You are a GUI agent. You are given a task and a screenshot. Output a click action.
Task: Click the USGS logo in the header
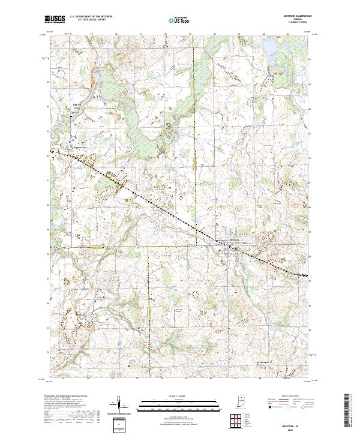[x=55, y=19]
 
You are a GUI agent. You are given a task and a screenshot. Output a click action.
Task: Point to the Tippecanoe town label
[x=80, y=148]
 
